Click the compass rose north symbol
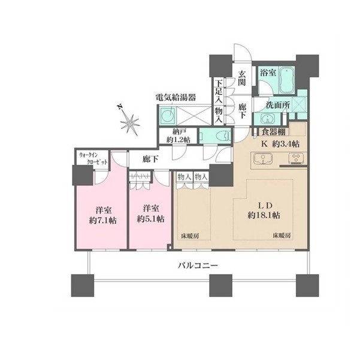click(x=129, y=121)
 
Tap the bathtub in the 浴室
click(x=286, y=80)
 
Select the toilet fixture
click(x=224, y=136)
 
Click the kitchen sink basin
click(x=263, y=159)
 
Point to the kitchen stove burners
click(x=296, y=159)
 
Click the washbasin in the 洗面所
click(x=267, y=119)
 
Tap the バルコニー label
click(x=198, y=266)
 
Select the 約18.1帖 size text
click(x=264, y=215)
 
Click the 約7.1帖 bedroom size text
click(x=103, y=221)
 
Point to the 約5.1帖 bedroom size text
click(x=150, y=219)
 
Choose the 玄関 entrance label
click(x=241, y=78)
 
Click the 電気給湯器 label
click(x=176, y=97)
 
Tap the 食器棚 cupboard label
click(x=274, y=132)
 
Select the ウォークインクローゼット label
click(x=93, y=158)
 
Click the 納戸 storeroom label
click(x=179, y=132)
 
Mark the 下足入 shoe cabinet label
click(x=219, y=91)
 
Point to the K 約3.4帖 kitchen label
click(x=280, y=144)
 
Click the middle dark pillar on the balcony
click(x=220, y=285)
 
